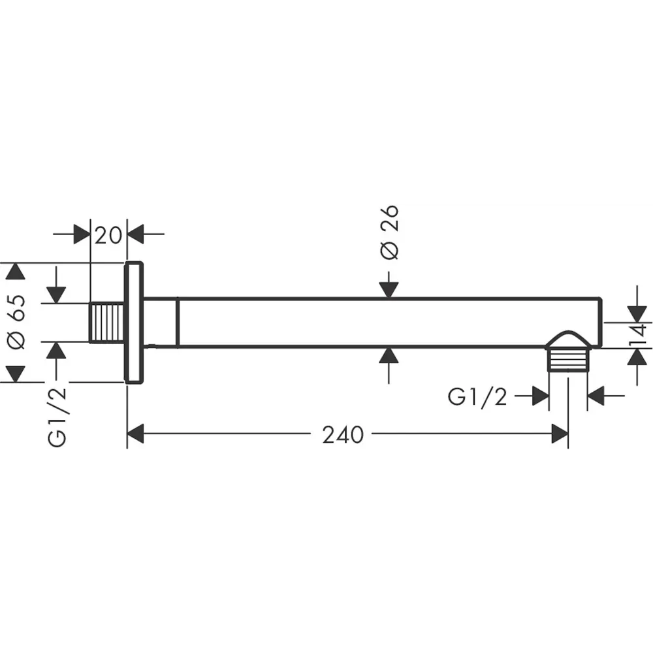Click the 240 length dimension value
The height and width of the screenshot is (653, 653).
(343, 435)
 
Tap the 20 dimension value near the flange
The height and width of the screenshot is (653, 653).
(108, 235)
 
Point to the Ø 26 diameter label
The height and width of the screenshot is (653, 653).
(390, 232)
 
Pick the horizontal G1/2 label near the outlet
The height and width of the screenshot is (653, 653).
(477, 396)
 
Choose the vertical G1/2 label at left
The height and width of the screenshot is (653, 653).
(57, 417)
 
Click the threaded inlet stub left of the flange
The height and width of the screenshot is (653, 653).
(107, 323)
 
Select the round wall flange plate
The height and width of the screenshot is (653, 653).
(134, 323)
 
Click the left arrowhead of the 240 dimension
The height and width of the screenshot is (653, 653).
(135, 434)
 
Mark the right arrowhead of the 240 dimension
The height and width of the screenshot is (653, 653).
(560, 434)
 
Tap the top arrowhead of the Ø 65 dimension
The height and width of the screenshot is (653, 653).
(16, 271)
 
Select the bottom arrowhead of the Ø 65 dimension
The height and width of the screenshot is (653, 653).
(16, 374)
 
